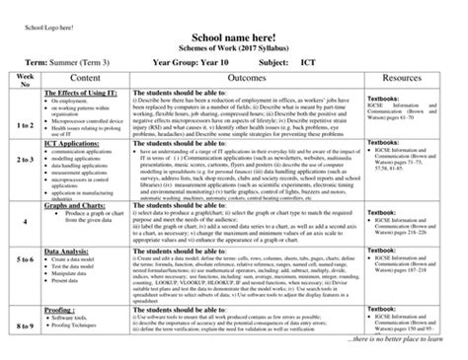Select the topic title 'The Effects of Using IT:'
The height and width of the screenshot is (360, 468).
tap(84, 92)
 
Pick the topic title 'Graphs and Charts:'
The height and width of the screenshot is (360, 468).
tap(77, 204)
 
